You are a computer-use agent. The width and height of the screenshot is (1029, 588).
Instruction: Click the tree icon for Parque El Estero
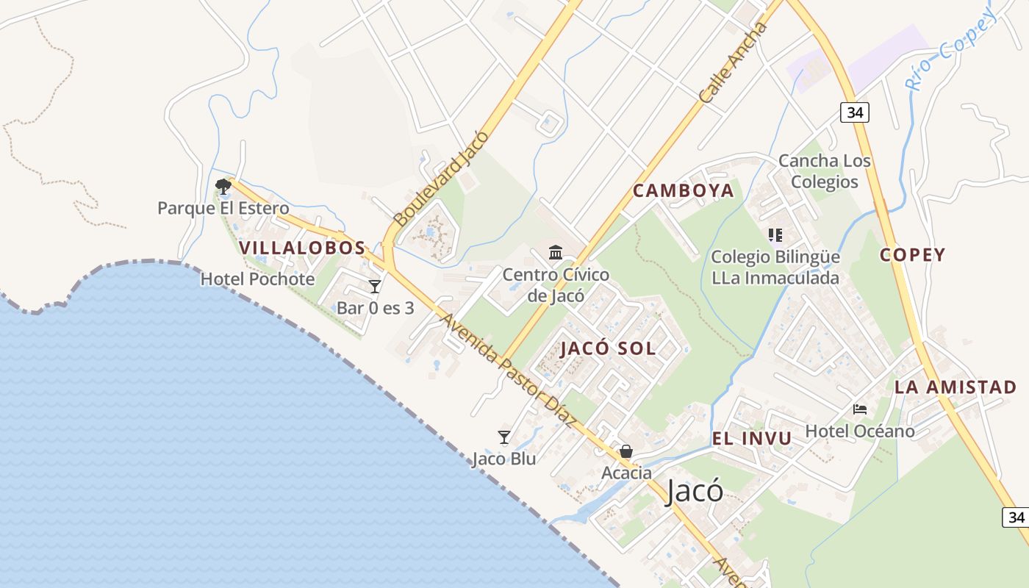223,187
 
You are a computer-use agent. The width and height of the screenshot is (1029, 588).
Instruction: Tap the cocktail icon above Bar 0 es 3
375,286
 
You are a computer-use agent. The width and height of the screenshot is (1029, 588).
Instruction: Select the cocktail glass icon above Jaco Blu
504,437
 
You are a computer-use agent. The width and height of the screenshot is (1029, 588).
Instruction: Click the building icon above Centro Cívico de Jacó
556,253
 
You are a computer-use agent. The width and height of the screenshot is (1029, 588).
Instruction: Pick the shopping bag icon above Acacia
626,451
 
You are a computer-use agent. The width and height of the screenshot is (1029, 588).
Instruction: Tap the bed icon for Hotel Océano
860,409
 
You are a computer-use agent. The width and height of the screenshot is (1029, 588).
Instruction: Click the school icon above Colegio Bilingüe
775,235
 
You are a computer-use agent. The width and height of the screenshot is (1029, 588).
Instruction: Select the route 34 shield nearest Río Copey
855,112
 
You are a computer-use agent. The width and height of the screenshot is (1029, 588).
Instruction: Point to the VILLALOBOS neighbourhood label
302,248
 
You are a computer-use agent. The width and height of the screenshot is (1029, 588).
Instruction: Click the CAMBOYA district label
684,191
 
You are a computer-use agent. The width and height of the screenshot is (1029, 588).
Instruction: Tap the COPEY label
913,255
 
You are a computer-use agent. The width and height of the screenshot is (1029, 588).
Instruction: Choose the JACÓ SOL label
609,348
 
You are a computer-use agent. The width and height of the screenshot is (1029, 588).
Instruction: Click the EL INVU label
752,439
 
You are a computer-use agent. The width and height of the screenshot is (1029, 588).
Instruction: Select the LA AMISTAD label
955,387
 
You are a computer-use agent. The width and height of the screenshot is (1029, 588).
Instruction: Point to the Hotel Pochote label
257,279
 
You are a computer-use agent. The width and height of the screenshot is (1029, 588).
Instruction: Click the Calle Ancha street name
733,62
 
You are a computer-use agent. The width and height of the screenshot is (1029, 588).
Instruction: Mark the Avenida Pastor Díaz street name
506,370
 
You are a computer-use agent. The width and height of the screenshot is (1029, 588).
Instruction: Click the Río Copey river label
952,49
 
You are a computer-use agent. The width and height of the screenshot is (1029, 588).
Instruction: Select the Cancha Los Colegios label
825,171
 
